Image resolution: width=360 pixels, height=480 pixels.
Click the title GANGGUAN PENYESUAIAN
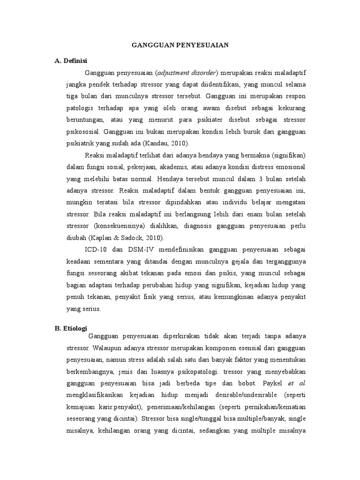[180, 45]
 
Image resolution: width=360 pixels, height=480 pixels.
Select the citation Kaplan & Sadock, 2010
[129, 238]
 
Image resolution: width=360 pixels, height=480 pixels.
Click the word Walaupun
[109, 348]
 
